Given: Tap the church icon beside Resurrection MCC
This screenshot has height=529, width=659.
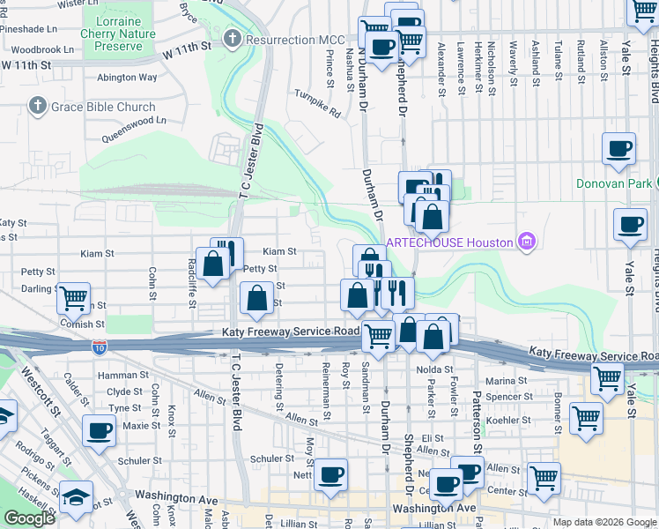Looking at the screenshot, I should coord(233,40).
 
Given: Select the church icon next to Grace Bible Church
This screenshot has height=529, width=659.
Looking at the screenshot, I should coord(37,108).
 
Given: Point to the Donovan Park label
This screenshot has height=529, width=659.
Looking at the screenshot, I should coord(614,184).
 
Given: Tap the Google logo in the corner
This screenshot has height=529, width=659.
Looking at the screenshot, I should coord(30,518).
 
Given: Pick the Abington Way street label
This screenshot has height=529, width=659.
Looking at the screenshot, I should coord(129,78).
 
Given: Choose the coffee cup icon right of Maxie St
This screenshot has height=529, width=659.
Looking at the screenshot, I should coord(100,430).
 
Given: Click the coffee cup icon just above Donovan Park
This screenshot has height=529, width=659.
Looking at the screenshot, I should coord(618,148).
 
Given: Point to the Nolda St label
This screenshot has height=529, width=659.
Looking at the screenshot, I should coord(435,369).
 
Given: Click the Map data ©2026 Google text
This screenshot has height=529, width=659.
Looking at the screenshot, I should coord(603,522).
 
